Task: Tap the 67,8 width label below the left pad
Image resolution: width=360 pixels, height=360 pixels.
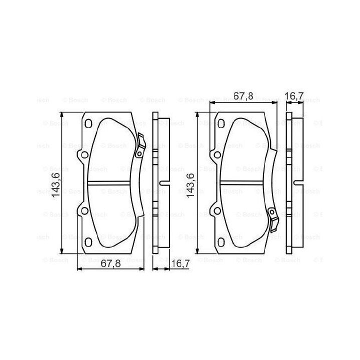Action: [111, 263]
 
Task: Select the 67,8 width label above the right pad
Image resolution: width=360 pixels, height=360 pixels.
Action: [243, 96]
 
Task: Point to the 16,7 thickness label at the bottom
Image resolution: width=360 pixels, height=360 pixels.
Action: [180, 263]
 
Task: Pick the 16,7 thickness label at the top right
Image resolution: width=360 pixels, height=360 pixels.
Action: [295, 96]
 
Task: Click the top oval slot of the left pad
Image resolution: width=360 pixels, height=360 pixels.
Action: [88, 123]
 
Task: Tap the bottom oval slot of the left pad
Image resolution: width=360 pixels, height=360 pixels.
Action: [88, 242]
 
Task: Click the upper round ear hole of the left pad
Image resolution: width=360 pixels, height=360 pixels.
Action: [84, 155]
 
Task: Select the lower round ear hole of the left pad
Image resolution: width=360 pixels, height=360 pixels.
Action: [84, 211]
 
